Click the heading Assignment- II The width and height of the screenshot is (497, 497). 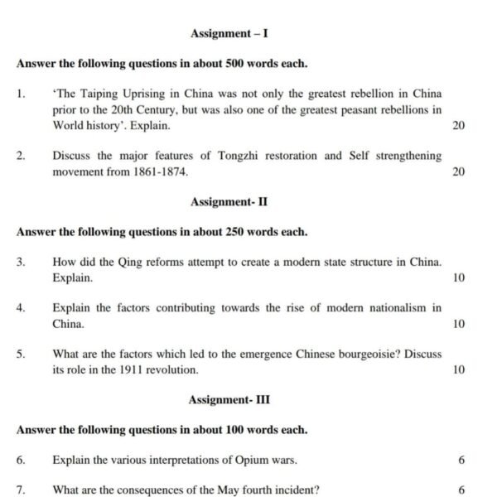pyautogui.click(x=229, y=201)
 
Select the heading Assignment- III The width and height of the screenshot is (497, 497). pyautogui.click(x=229, y=400)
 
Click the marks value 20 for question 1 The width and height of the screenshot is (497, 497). pyautogui.click(x=460, y=126)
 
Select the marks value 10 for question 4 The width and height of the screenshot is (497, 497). pyautogui.click(x=460, y=324)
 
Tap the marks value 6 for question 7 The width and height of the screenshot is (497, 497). pyautogui.click(x=461, y=490)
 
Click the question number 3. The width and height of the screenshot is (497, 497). pyautogui.click(x=20, y=262)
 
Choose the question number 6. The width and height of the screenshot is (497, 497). pyautogui.click(x=20, y=460)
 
